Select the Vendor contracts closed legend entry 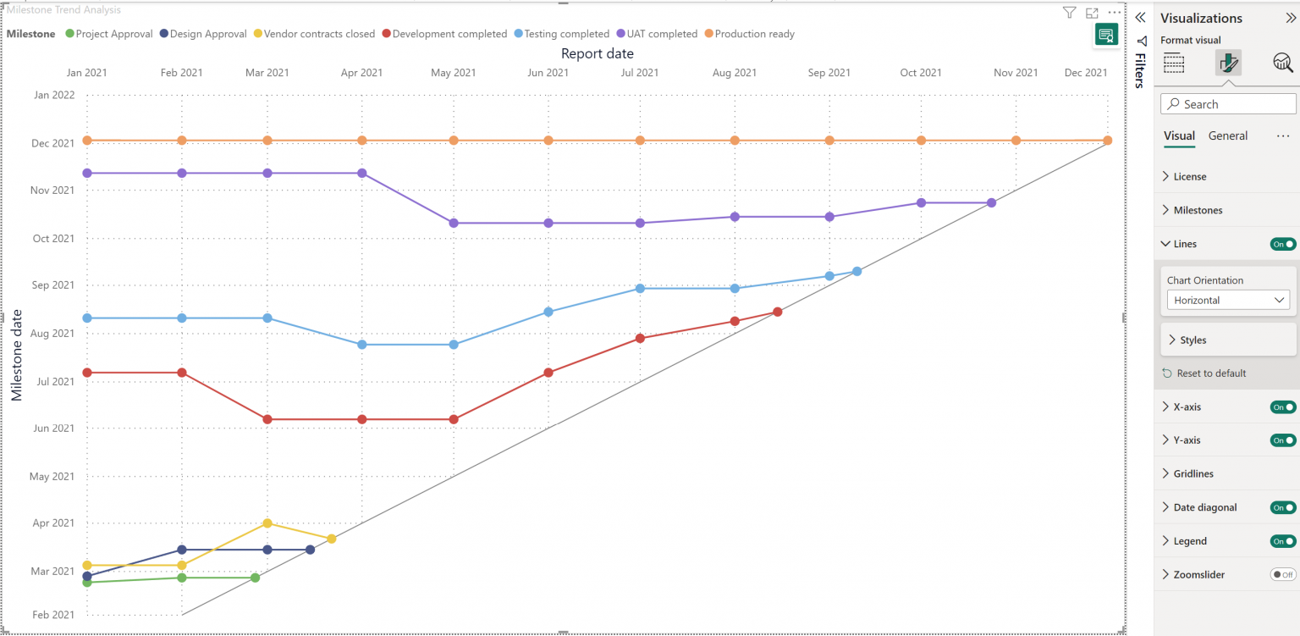318,34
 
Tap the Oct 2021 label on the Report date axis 921,73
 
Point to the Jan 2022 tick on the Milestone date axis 54,95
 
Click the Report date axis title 597,53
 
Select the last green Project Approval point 255,578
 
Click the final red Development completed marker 777,312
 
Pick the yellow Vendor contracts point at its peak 267,523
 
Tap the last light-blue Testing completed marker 857,271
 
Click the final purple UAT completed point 991,202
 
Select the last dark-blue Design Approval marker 310,550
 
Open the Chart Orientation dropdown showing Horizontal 1227,300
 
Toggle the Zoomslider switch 1283,574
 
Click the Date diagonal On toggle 1283,507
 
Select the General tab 1227,135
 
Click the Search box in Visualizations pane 1229,104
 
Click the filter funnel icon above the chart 1069,13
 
